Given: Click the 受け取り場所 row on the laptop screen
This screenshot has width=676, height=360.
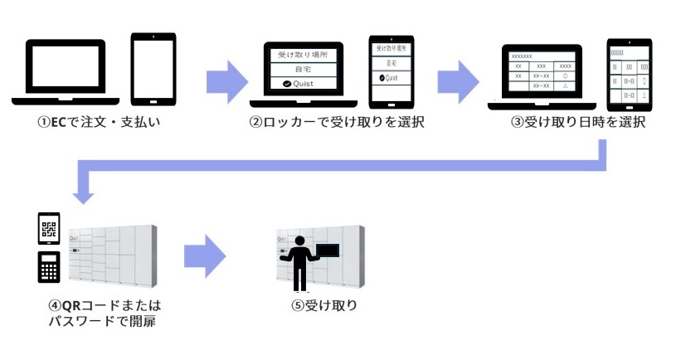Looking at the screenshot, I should point(303,54).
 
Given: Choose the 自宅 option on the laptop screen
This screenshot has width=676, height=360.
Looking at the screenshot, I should point(303,69).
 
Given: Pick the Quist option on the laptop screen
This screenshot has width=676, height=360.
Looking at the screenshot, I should point(303,83).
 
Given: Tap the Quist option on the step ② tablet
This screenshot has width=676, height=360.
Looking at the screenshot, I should point(389,78).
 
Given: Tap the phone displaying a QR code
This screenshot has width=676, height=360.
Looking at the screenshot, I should point(50,228).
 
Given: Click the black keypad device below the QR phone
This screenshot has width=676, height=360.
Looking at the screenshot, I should point(50,267).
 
